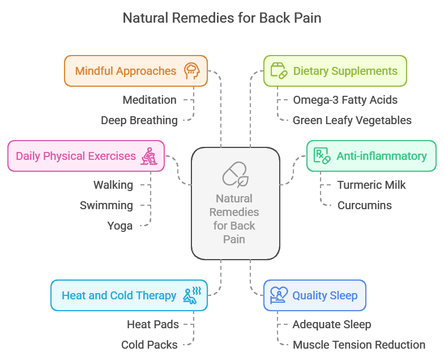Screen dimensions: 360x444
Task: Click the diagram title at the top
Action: click(x=222, y=18)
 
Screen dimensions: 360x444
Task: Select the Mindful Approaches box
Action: click(x=135, y=71)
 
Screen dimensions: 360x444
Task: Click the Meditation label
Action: click(x=150, y=100)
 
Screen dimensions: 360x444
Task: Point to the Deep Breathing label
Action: click(x=139, y=120)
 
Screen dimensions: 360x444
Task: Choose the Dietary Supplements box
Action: click(x=335, y=71)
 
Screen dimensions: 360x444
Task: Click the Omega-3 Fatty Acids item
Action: click(x=345, y=100)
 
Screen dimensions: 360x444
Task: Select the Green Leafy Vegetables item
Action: click(x=352, y=120)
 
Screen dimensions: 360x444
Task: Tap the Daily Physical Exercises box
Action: click(x=86, y=156)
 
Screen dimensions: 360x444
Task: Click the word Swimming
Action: click(x=106, y=205)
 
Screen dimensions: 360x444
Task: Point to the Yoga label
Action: click(x=119, y=226)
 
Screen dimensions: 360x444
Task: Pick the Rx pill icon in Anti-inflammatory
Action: click(x=322, y=156)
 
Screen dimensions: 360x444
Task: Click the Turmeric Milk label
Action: click(x=372, y=185)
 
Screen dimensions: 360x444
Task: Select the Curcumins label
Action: click(x=364, y=205)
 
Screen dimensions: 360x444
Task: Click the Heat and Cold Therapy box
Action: click(x=129, y=295)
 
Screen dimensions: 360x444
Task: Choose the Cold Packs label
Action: click(x=149, y=345)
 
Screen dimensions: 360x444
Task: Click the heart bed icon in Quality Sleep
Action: click(x=278, y=295)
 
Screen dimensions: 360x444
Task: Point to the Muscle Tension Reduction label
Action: click(x=358, y=345)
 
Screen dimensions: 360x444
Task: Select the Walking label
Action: click(x=113, y=185)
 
